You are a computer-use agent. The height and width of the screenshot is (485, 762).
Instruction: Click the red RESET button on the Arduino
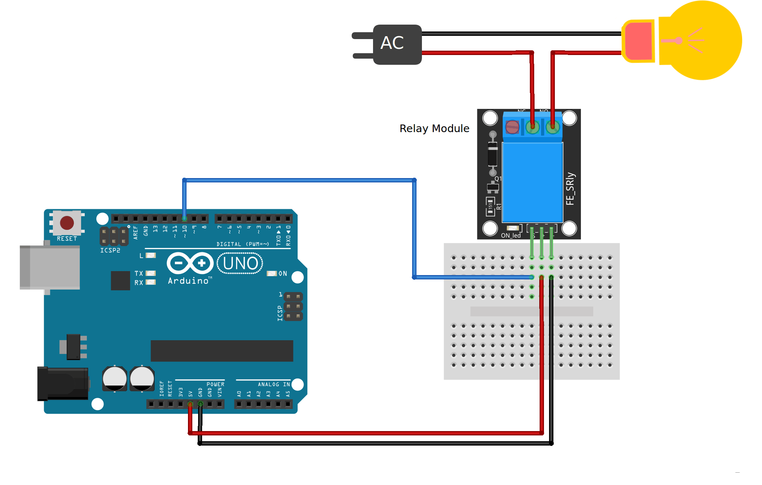67,223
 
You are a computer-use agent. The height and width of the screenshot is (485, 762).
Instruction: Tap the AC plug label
392,43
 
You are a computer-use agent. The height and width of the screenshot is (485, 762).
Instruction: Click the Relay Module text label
434,128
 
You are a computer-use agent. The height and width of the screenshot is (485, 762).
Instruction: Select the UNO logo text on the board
240,263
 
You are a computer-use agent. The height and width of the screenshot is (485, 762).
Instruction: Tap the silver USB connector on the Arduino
51,267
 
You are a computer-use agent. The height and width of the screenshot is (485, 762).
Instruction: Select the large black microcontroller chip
222,351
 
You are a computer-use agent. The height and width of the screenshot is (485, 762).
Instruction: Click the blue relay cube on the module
532,182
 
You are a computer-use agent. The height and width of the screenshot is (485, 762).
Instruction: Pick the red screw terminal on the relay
512,127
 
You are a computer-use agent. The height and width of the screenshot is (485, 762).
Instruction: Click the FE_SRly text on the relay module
570,189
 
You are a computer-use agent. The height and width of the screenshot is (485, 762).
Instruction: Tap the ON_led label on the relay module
511,236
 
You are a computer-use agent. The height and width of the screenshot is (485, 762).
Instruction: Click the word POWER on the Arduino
215,384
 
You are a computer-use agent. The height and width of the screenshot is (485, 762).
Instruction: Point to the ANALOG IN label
274,384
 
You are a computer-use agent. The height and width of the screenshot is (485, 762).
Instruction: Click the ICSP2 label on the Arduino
110,250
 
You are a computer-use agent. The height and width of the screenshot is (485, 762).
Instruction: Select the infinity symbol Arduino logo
190,263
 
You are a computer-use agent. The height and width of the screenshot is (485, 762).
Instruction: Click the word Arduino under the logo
188,281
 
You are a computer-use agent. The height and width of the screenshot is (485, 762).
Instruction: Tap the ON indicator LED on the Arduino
272,274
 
